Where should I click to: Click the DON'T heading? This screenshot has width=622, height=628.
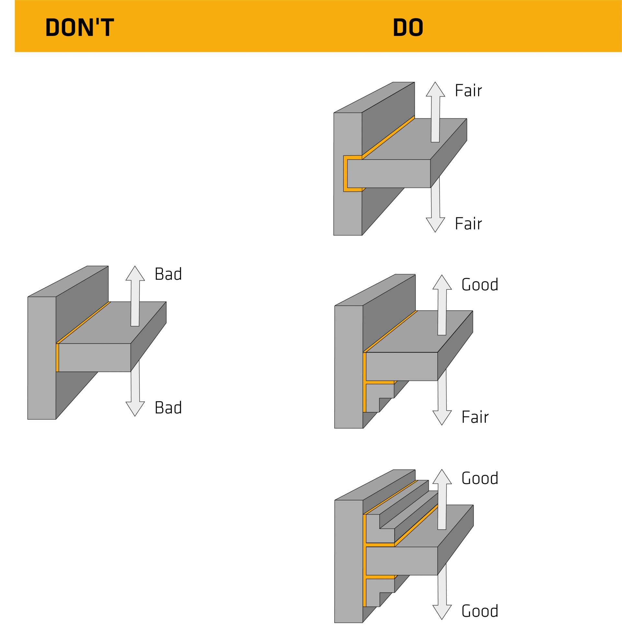pos(80,27)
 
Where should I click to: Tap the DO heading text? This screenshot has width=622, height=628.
pos(408,27)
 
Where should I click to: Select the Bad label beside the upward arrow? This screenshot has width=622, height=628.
pos(168,274)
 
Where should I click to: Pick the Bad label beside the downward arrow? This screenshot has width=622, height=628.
pos(168,407)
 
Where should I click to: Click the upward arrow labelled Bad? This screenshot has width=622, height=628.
pos(135,296)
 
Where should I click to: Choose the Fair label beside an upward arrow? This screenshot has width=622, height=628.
pos(468,90)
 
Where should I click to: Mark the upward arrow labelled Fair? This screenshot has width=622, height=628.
pos(435,112)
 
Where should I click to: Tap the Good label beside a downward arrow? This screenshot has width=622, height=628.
pos(479,611)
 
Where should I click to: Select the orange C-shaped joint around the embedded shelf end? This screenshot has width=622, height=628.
pos(345,174)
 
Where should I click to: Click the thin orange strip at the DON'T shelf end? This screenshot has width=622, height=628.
pos(57,358)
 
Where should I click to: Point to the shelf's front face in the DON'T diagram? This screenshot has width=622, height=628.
pos(95,358)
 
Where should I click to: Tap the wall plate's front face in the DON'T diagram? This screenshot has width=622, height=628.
pos(41,358)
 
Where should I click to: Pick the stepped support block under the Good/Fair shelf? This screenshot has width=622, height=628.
pos(379,397)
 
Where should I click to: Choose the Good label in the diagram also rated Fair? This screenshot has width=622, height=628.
pos(479,284)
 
